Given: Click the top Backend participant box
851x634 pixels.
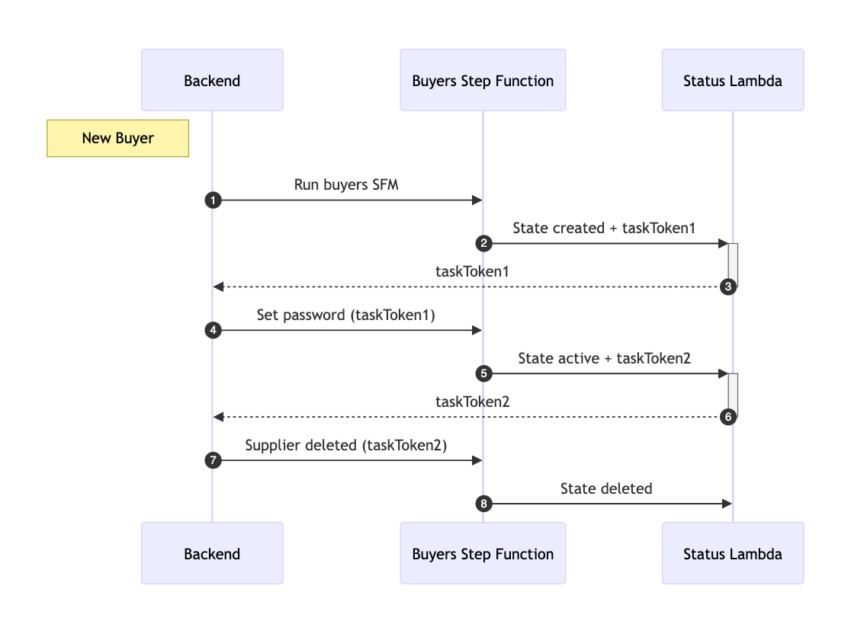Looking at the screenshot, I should [x=212, y=80].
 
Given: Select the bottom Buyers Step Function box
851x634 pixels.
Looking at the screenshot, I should [x=483, y=553].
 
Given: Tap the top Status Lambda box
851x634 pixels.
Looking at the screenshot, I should [x=732, y=80].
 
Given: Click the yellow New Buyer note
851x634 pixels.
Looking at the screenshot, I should [x=117, y=138].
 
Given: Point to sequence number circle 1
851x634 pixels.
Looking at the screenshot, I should [x=213, y=200].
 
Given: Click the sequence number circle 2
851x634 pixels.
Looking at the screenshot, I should [x=483, y=244].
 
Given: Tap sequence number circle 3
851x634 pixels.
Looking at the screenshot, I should [x=728, y=287].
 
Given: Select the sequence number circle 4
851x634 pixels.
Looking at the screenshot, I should [x=213, y=331].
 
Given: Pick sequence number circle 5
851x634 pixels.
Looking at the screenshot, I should [x=483, y=374].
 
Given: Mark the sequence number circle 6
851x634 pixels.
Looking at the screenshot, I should [x=728, y=418].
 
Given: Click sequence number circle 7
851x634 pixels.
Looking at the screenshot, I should [x=213, y=461].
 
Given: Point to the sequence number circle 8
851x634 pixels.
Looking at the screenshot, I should [x=483, y=504].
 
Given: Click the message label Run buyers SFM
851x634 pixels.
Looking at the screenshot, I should [x=346, y=184].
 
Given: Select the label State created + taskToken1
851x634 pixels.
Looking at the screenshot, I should [x=604, y=228].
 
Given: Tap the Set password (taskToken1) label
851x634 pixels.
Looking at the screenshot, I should [x=346, y=315].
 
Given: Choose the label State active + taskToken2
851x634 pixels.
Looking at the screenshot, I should [x=604, y=358].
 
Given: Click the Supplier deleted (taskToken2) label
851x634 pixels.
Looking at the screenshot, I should [x=346, y=445].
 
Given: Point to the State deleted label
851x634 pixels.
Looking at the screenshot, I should [x=606, y=488].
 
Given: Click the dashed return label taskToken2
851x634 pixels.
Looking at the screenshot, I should [x=472, y=402].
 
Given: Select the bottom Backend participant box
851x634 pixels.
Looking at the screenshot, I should [x=212, y=553].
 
